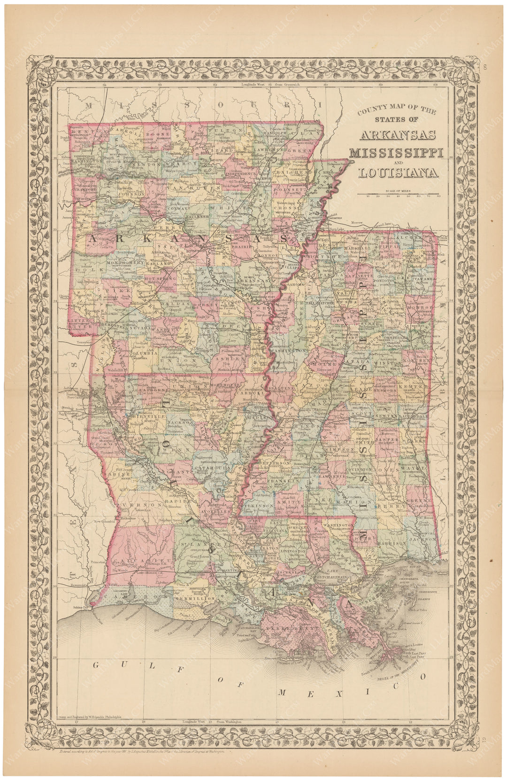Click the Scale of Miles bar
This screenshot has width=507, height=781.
coord(398,193)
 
